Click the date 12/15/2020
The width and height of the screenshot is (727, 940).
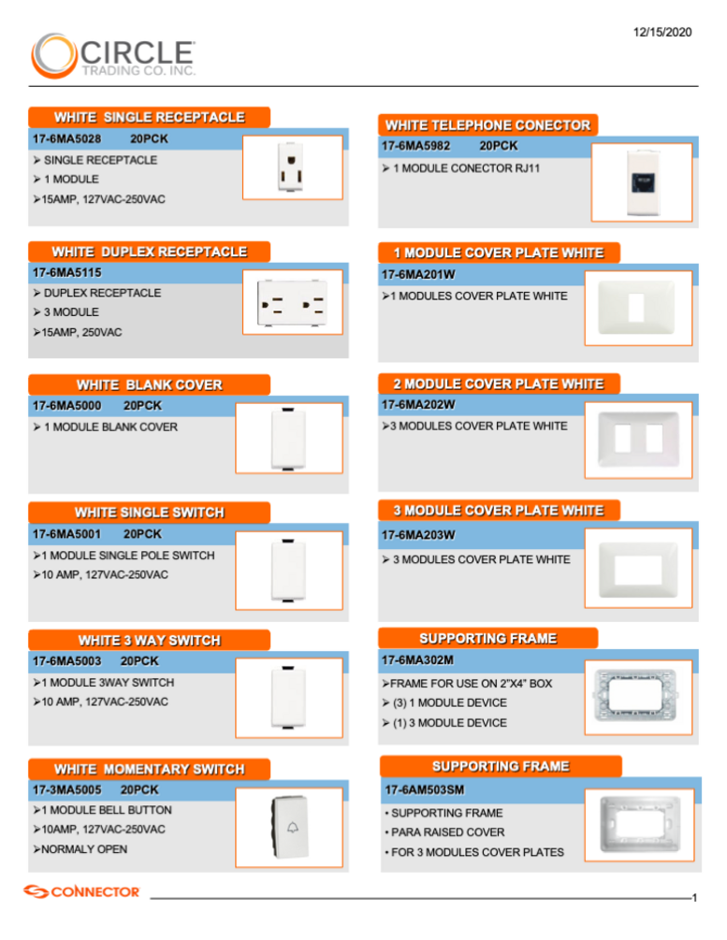[662, 33]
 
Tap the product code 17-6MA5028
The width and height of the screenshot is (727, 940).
[66, 139]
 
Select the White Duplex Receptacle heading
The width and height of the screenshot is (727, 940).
[150, 252]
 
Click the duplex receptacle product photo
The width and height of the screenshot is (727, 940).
[292, 302]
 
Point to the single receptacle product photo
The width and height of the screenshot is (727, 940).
[291, 167]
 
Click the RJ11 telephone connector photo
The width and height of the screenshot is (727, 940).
[642, 182]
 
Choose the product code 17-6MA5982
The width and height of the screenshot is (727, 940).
[415, 146]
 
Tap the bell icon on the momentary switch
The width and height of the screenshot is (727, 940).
[293, 828]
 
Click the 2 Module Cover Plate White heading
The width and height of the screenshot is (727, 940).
[499, 384]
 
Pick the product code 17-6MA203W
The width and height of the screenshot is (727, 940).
[418, 535]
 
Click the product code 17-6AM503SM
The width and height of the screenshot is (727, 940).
[425, 790]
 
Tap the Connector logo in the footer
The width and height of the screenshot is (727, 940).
[81, 892]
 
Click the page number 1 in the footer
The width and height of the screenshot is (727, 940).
[694, 898]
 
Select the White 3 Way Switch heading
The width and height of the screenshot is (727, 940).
[150, 641]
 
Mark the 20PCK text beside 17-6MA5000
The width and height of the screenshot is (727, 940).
[143, 406]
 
